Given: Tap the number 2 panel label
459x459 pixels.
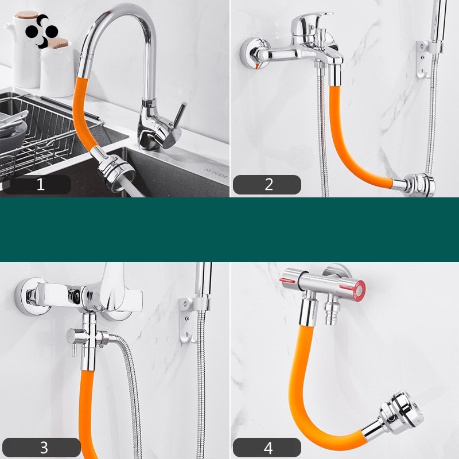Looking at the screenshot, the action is coord(267,184).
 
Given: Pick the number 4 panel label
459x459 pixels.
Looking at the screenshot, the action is coord(267,448).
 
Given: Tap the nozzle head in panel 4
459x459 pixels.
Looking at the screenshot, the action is coord(401,412).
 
